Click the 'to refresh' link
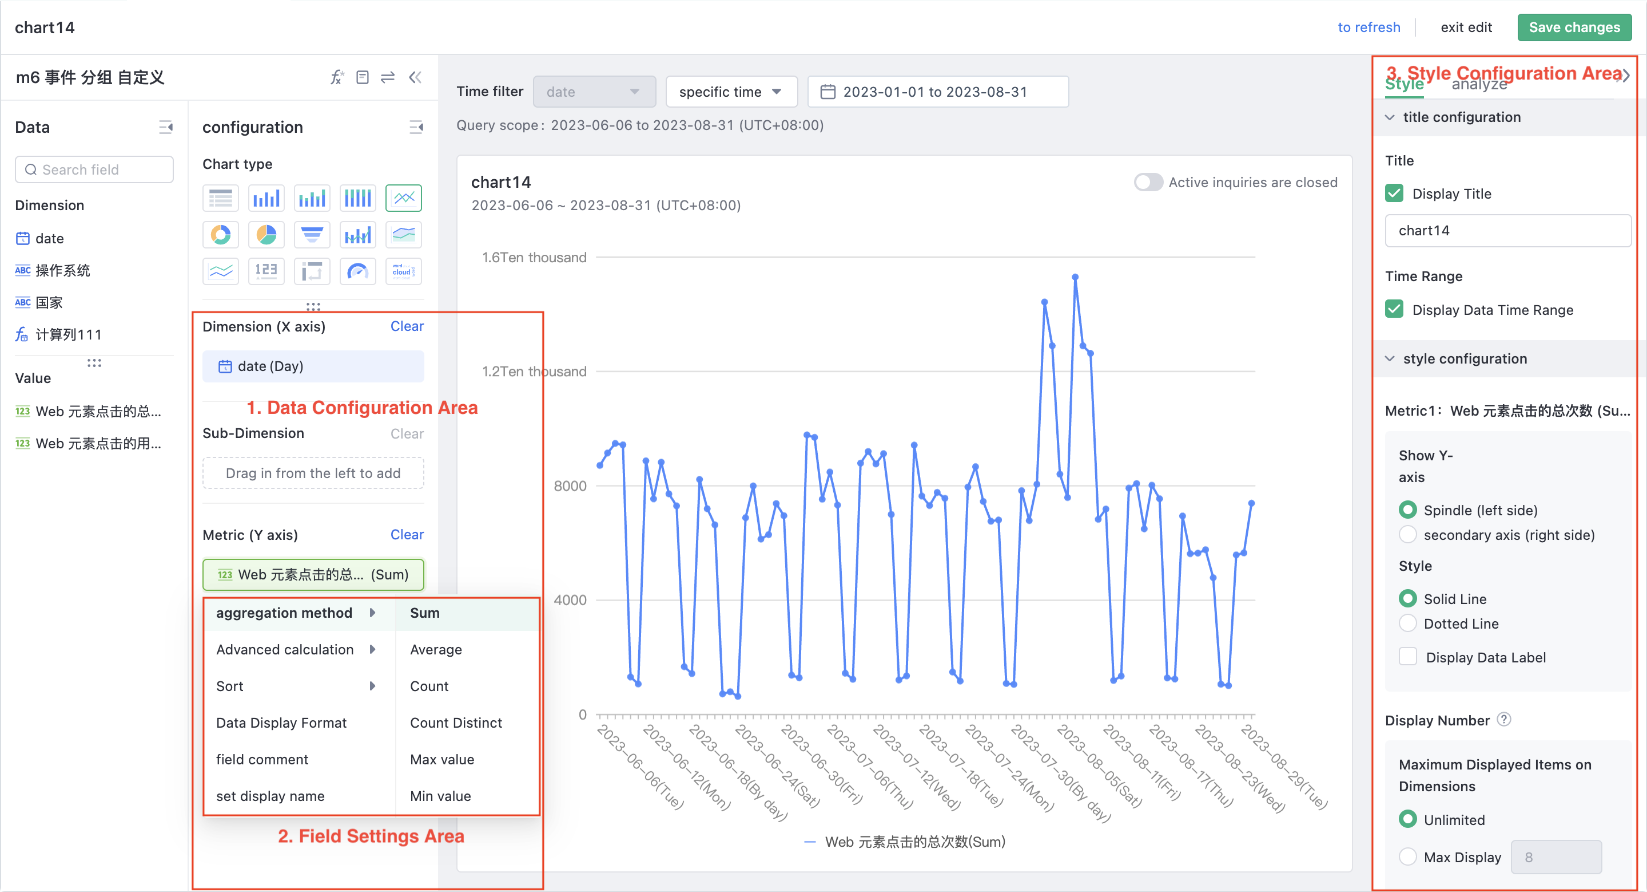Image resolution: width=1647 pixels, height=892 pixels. click(1368, 27)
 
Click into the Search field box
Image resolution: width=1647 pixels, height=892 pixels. click(94, 169)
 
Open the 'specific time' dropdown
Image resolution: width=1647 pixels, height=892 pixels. click(731, 92)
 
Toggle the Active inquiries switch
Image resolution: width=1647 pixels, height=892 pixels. click(1148, 183)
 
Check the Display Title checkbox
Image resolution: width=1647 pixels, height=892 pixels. click(1394, 194)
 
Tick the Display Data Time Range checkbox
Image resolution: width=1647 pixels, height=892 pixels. click(1394, 310)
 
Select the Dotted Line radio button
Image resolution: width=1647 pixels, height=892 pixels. click(1407, 623)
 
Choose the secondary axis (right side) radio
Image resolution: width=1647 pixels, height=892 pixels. click(1407, 535)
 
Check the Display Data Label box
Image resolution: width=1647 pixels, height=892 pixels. click(1407, 657)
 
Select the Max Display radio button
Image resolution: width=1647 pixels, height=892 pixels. click(1407, 857)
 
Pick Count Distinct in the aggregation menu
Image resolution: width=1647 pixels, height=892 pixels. click(456, 723)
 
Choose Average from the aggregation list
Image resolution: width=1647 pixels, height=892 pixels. click(435, 649)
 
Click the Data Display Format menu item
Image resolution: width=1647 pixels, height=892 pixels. click(281, 723)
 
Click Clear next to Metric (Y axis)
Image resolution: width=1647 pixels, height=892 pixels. click(407, 534)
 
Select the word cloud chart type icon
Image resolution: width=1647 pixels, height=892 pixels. click(403, 271)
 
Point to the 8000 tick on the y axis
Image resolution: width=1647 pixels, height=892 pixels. click(570, 486)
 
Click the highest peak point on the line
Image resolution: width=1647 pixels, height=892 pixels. click(1075, 278)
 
